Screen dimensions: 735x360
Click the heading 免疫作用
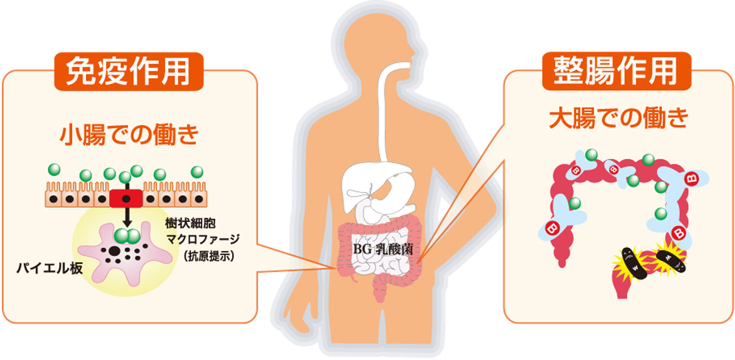point(128,71)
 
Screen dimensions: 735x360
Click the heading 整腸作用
point(616,71)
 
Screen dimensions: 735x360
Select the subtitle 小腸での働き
point(129,134)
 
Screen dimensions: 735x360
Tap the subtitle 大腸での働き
point(619,118)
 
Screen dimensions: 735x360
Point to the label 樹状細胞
point(190,223)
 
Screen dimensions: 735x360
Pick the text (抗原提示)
point(209,256)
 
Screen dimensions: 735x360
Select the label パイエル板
point(49,268)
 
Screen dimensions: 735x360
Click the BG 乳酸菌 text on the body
point(383,249)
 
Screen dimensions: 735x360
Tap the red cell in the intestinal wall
point(126,199)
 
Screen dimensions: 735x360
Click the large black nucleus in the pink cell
point(114,251)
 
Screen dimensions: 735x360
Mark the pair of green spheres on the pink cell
point(127,236)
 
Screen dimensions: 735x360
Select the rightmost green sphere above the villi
point(197,172)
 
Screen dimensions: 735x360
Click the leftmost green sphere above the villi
point(54,169)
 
